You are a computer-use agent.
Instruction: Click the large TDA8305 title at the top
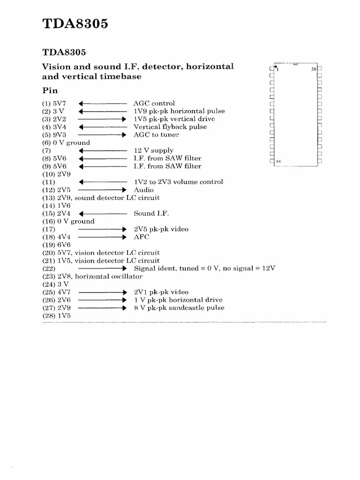75,23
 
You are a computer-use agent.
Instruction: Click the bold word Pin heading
50,90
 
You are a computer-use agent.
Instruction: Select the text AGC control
154,103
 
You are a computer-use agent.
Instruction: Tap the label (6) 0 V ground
66,142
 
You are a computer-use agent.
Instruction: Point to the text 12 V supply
153,150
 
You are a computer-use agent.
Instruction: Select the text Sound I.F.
151,213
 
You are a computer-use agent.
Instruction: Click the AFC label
142,237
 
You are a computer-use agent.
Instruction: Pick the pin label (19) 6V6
56,245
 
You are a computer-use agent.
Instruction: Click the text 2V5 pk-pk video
161,229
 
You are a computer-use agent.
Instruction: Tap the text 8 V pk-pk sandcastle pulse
179,308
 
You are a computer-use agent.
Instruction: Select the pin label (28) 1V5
56,315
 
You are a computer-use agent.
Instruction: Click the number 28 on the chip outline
314,69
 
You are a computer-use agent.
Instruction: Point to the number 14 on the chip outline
278,162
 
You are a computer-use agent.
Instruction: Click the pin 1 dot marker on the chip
276,67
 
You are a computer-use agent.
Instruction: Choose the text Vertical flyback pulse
170,127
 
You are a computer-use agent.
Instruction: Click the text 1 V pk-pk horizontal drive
178,300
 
